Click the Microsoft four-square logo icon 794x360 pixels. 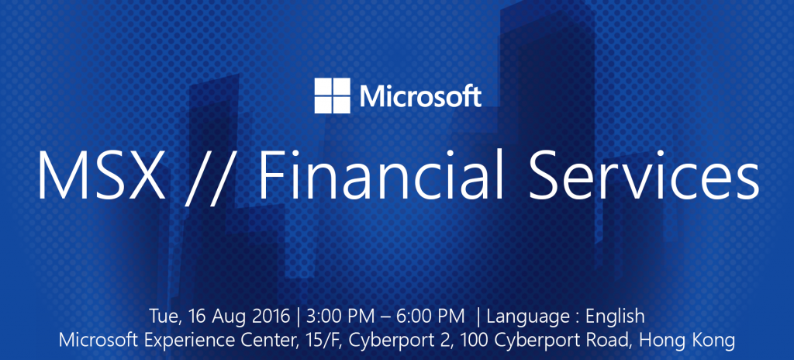point(332,95)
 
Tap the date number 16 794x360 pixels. point(196,317)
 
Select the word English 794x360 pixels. point(615,318)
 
